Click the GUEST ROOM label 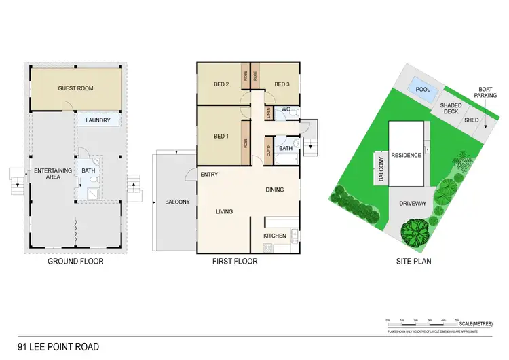coord(75,88)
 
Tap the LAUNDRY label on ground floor coord(98,120)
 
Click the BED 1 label coord(221,137)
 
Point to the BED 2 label coord(221,84)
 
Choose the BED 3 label coord(282,84)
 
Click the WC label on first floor coord(286,109)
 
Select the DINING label coord(274,190)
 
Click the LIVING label coord(224,212)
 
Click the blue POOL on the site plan coord(423,90)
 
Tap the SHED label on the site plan coord(471,120)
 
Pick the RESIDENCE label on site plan coord(406,155)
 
